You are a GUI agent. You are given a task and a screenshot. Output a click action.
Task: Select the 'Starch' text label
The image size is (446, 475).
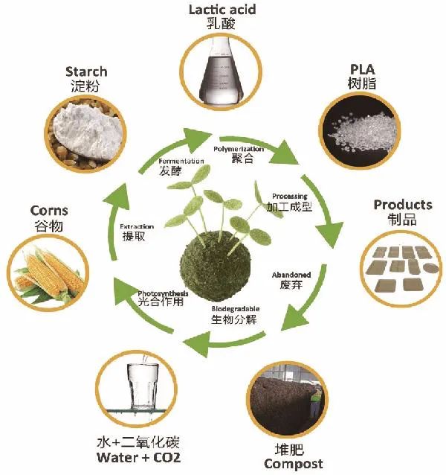pos(86,71)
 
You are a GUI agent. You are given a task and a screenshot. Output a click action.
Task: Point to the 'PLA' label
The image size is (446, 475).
pos(361,69)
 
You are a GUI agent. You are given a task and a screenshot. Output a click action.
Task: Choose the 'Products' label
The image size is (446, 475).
pos(402,205)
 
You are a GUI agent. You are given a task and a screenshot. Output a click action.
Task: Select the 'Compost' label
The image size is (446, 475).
pos(294,464)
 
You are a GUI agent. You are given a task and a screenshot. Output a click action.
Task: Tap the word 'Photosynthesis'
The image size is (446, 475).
pos(163,293)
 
